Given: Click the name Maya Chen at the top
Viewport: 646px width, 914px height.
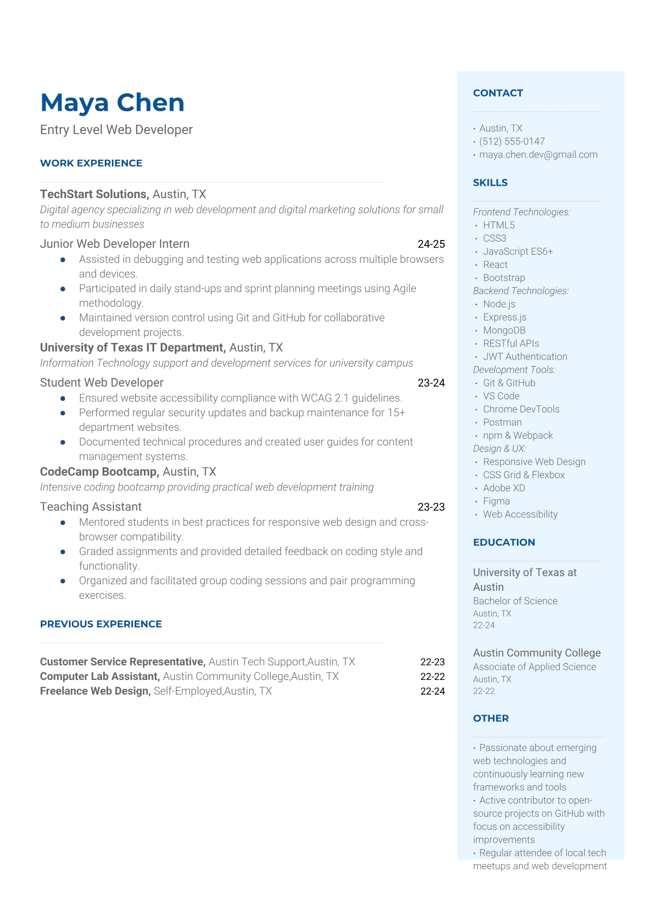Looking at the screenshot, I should [112, 103].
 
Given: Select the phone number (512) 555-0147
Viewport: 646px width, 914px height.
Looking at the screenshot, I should [512, 141].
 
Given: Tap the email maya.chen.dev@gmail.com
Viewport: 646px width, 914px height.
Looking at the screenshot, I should [538, 154].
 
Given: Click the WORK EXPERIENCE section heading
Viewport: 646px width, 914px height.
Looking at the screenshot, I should [91, 163].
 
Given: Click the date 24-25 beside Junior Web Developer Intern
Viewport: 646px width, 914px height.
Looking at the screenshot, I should [431, 244].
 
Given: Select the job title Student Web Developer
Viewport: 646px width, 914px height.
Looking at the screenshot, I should [102, 382].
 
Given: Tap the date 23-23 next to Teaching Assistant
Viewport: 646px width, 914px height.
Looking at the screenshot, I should [431, 507].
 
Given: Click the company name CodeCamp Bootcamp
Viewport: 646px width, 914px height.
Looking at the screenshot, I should [99, 471].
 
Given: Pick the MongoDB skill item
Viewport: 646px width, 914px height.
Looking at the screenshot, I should [504, 330].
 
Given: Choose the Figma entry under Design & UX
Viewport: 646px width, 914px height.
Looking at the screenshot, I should [496, 501].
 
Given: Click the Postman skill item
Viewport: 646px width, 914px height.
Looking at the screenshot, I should [502, 422].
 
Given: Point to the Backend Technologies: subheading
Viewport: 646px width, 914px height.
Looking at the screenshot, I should [521, 291].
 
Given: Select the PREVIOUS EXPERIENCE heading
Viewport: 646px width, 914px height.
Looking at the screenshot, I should [101, 624].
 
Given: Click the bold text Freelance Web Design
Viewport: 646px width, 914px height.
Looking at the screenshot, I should [95, 691].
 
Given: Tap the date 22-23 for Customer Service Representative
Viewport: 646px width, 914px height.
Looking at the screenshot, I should [432, 661].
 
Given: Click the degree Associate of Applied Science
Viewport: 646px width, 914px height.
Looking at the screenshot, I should [534, 666].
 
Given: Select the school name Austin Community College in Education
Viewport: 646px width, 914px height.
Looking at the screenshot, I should [536, 653].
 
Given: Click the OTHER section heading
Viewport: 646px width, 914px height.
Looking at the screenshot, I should [491, 718].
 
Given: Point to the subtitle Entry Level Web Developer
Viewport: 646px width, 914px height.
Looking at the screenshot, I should [116, 130].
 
